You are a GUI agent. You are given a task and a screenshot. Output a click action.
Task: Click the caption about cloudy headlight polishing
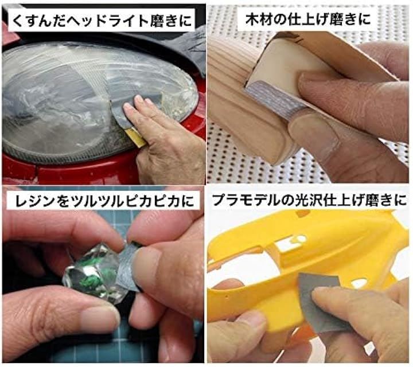coord(102,21)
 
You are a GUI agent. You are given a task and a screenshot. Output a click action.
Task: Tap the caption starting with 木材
coord(307,19)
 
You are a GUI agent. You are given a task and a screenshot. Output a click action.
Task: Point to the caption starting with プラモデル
coord(309,201)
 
